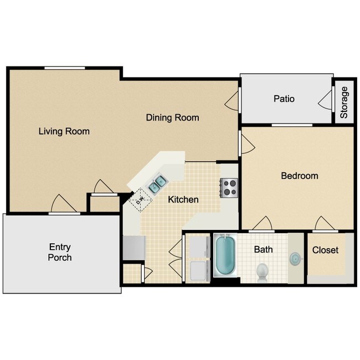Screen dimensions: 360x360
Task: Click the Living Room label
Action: click(x=64, y=132)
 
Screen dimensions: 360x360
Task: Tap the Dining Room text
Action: click(x=172, y=117)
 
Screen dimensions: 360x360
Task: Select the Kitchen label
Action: click(x=183, y=199)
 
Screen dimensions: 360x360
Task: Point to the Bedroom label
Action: click(x=299, y=176)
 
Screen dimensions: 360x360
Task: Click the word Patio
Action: click(x=284, y=99)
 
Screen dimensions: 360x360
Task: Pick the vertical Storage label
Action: click(x=344, y=102)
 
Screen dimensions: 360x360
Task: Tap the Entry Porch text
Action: click(x=60, y=252)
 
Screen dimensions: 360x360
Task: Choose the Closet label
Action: click(x=325, y=250)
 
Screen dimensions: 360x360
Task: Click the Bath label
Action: click(x=263, y=250)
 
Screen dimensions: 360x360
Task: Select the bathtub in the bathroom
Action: click(x=225, y=256)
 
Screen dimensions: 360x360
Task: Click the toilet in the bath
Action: click(x=263, y=271)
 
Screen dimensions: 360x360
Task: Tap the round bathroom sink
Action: click(x=296, y=259)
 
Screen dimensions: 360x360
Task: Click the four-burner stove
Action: click(x=228, y=187)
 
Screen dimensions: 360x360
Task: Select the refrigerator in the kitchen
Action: click(x=134, y=247)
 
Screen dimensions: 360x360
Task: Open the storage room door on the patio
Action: click(x=326, y=100)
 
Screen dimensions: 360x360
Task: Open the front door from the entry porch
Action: click(x=64, y=205)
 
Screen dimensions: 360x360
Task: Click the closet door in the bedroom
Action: click(x=323, y=224)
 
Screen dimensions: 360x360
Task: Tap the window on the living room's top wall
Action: click(x=65, y=68)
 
